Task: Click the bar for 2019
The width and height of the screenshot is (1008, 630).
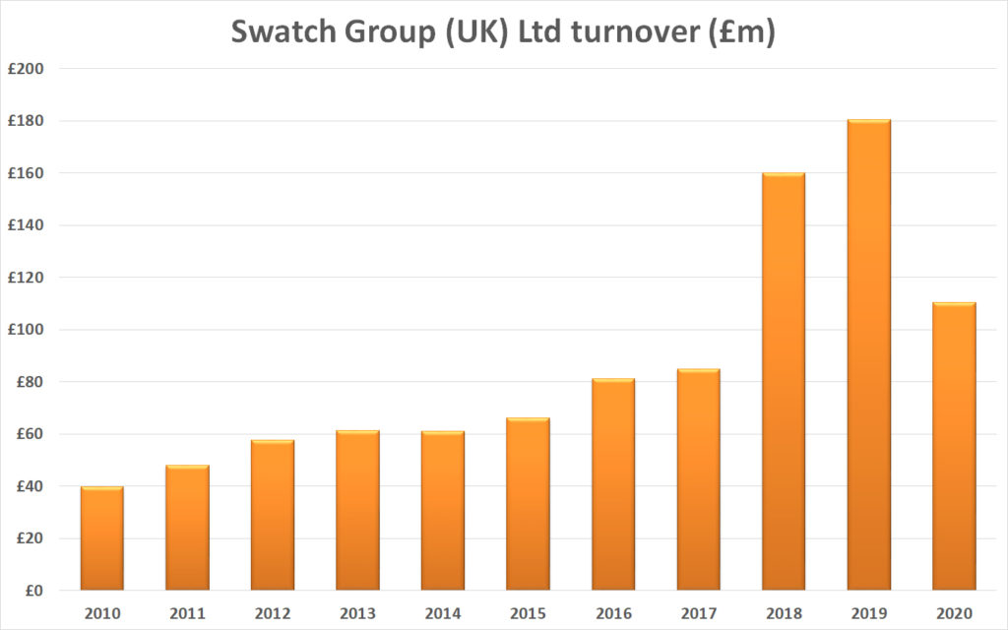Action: coord(869,355)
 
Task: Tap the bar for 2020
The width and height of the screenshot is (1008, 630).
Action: coord(954,447)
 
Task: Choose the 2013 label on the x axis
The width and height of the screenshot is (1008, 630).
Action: coord(357,612)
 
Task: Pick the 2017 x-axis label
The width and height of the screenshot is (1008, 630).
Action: coord(698,612)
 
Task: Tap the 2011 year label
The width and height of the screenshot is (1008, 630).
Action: coord(187,612)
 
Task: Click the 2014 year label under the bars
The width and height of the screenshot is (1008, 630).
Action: coord(443,612)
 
